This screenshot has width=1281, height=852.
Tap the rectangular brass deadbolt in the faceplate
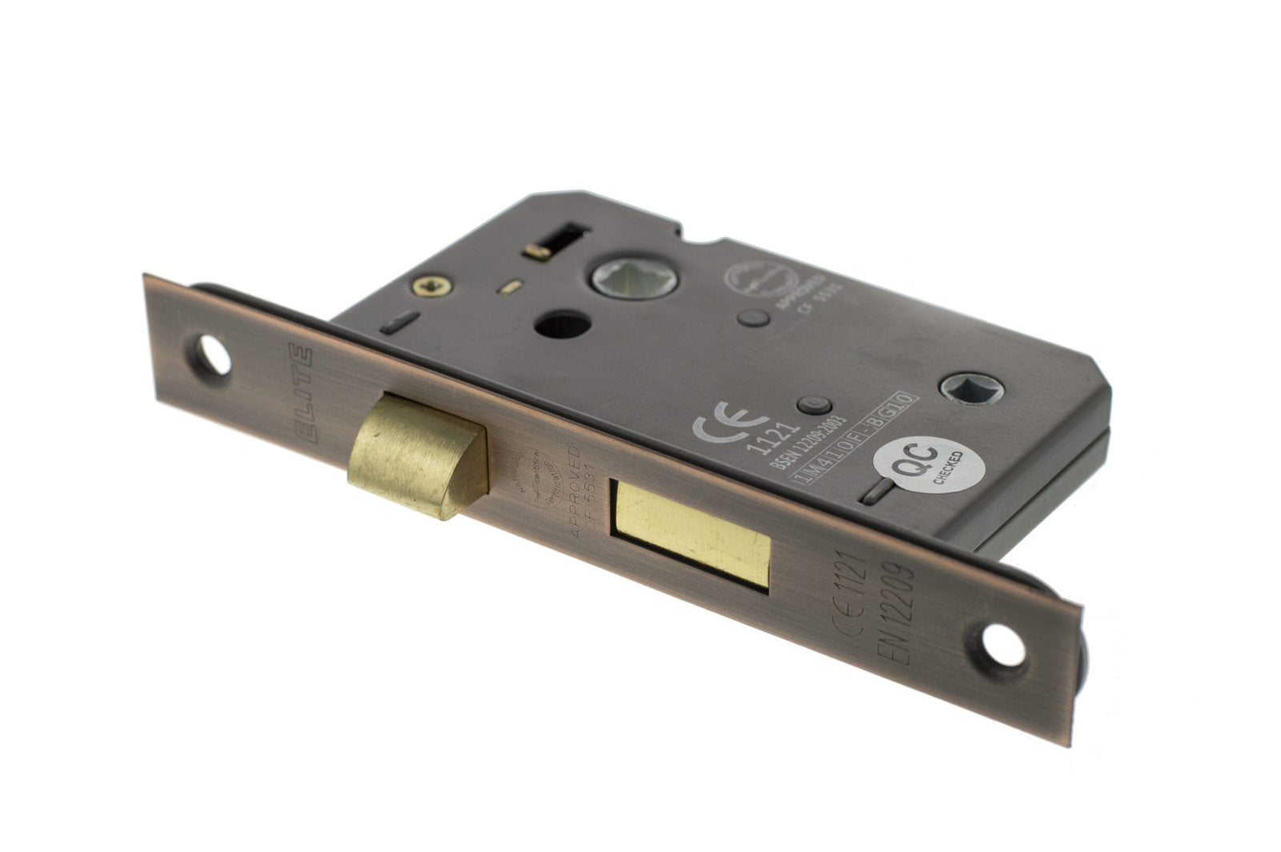coord(693,536)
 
